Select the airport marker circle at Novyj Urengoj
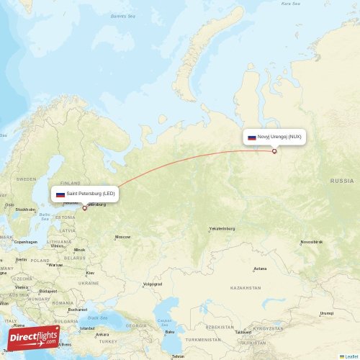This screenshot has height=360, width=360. coord(274,151)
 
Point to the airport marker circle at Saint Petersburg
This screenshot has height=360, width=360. coord(84,208)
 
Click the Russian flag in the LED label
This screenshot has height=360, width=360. coord(60,194)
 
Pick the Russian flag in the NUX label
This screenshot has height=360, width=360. coord(252,138)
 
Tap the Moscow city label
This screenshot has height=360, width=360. coord(122,237)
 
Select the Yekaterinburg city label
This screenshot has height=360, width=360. coord(222,229)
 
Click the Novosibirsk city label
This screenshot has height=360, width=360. coord(312,243)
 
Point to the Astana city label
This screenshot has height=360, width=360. coord(260,269)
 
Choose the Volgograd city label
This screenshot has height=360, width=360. coord(152,284)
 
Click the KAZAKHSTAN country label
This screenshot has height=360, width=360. coord(245,288)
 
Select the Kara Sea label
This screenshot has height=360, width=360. coord(290,4)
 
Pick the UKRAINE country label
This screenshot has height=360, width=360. coord(89,283)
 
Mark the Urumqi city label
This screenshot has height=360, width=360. coord(327,313)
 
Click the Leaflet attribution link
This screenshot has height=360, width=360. coord(350,356)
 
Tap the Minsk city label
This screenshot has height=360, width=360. coord(78,250)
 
